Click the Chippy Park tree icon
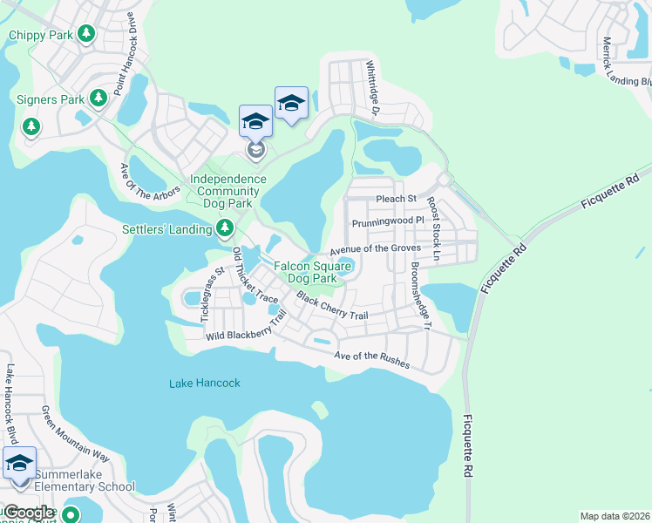pyautogui.click(x=85, y=34)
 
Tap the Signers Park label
pyautogui.click(x=51, y=99)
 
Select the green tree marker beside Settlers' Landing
pyautogui.click(x=225, y=228)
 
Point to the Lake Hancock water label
pyautogui.click(x=204, y=383)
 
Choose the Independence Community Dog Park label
pyautogui.click(x=228, y=191)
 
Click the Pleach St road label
pyautogui.click(x=391, y=199)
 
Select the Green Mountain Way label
pyautogui.click(x=77, y=434)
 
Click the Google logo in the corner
pyautogui.click(x=29, y=513)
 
